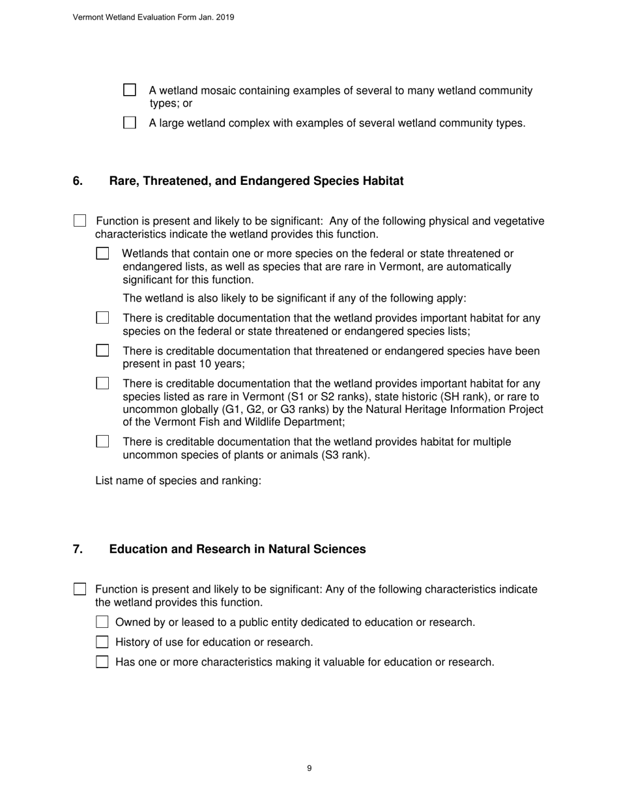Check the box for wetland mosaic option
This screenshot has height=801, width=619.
[130, 90]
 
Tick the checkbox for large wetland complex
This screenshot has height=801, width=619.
[130, 122]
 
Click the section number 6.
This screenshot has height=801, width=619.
[78, 181]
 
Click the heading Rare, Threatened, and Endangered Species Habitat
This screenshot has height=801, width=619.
[256, 181]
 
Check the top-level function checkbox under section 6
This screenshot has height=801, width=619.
[79, 221]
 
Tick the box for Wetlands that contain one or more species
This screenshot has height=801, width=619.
[102, 253]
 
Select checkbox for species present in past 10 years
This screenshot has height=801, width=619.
[102, 350]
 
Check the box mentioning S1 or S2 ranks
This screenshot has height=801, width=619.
[102, 383]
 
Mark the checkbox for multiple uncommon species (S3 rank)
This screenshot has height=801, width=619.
[102, 442]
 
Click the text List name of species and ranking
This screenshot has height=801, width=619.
[178, 481]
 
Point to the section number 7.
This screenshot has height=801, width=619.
[78, 549]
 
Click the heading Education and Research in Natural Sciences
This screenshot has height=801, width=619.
[237, 549]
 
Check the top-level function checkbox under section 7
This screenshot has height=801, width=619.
[79, 589]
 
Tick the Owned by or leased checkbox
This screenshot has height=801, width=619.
[102, 622]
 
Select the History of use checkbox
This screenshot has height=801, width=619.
[102, 642]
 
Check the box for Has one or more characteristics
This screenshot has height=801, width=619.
[102, 662]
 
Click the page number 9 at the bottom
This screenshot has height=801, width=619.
[309, 768]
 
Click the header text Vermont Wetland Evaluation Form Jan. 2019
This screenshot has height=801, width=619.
[153, 18]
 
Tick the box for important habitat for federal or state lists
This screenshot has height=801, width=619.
[102, 318]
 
